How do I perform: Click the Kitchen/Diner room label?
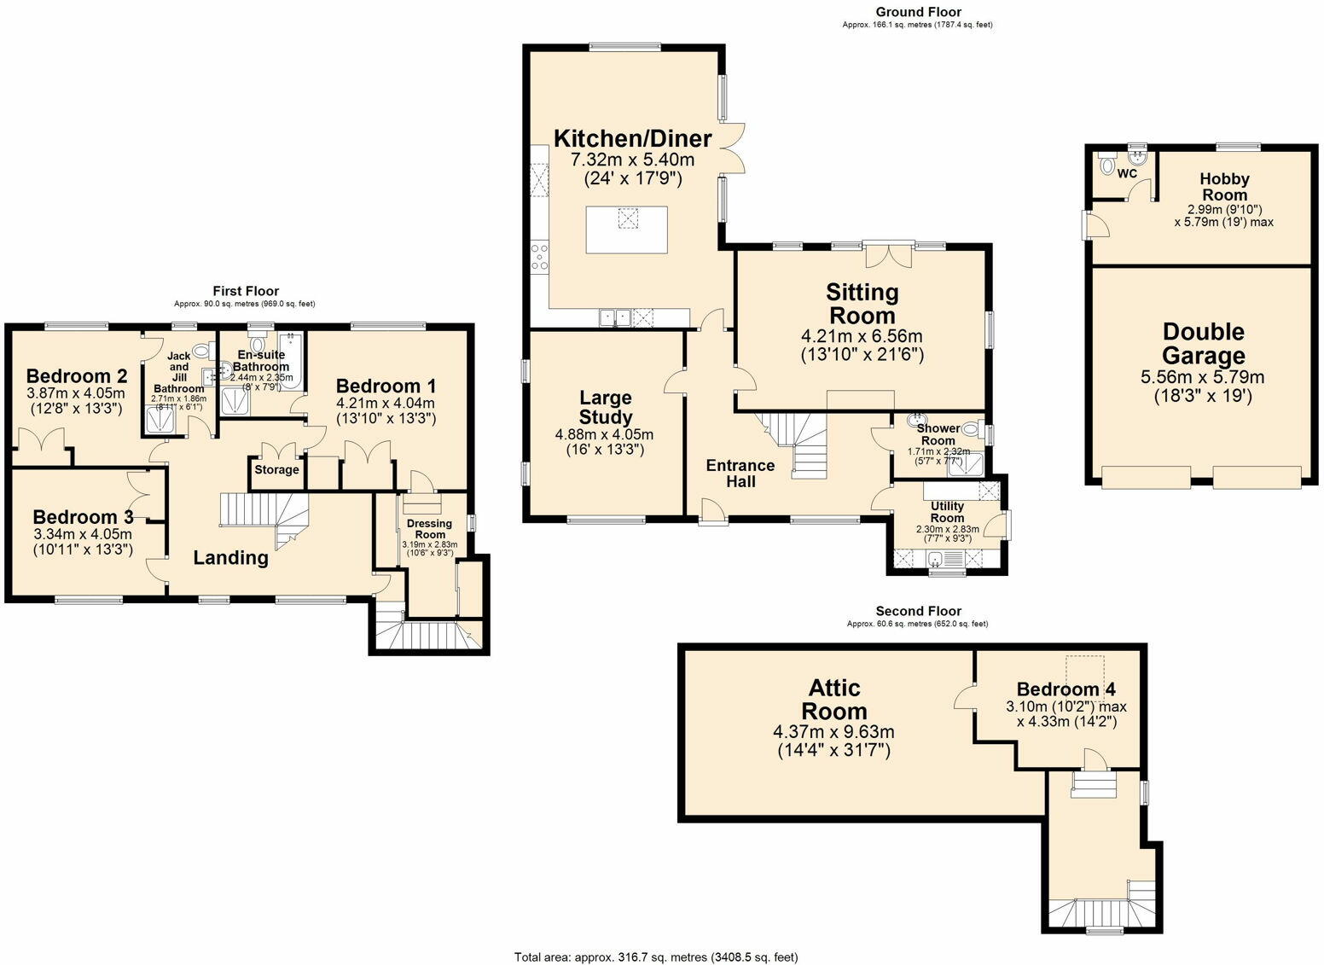click(x=632, y=138)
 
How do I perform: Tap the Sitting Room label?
click(x=862, y=303)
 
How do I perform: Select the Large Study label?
click(x=605, y=407)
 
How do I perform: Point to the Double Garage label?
click(x=1203, y=344)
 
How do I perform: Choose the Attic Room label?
click(x=833, y=699)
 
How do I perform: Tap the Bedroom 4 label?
click(x=1066, y=689)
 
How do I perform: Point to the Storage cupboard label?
click(x=276, y=470)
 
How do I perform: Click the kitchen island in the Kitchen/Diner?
click(x=627, y=229)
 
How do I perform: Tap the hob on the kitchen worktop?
click(x=540, y=256)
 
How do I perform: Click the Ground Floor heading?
click(x=918, y=12)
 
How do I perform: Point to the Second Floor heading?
click(x=918, y=611)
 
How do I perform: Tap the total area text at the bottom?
click(x=656, y=956)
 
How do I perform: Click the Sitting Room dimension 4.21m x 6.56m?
click(x=862, y=336)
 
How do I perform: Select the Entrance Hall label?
click(x=740, y=474)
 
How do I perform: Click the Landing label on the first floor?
click(x=230, y=558)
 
